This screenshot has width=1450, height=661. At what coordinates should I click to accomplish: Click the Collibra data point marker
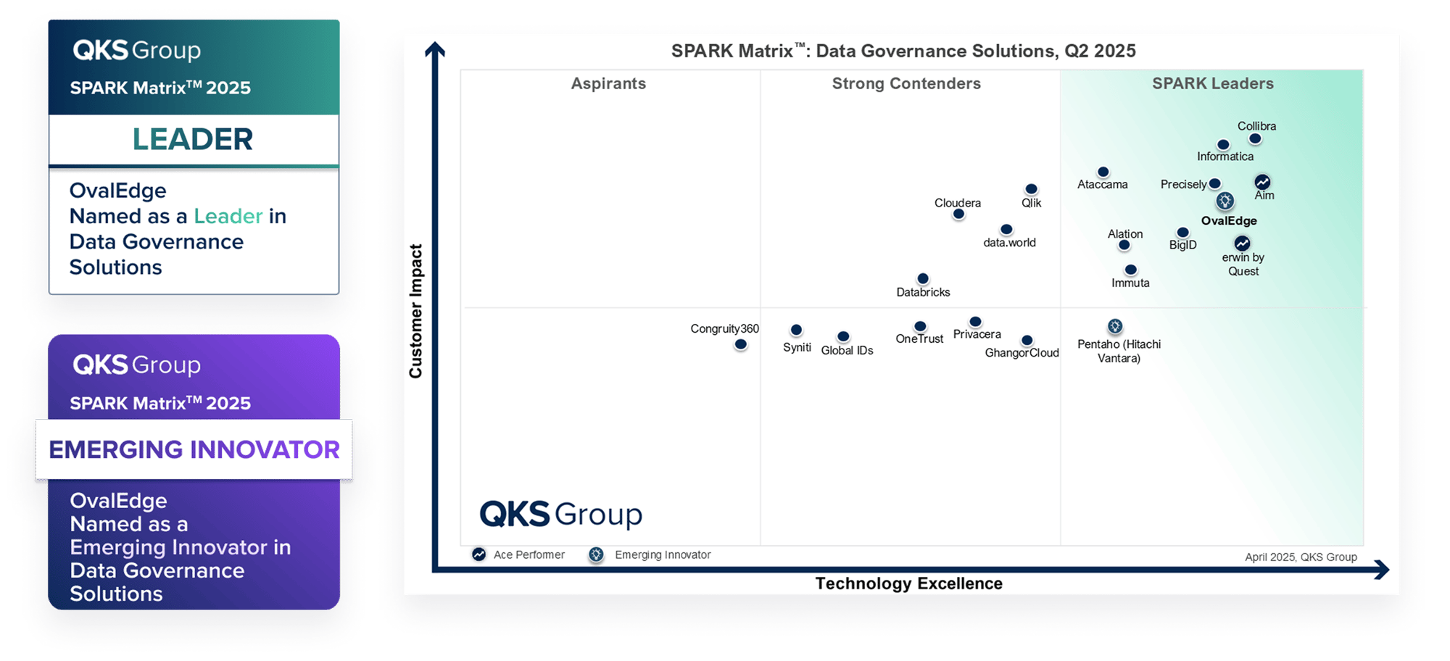(1255, 138)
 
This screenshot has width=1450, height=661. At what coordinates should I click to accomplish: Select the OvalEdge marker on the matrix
(1225, 201)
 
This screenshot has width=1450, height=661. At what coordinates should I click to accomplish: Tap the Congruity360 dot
(740, 344)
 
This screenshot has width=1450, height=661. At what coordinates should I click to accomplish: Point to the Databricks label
(923, 292)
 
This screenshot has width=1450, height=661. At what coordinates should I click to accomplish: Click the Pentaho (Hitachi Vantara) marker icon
(1115, 326)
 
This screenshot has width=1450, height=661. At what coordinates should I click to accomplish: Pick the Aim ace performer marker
(1262, 181)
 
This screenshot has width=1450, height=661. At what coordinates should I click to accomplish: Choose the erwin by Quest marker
(1242, 243)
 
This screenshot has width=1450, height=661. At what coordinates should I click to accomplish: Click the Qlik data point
(1031, 189)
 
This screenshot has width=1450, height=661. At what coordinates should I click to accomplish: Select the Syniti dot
(796, 330)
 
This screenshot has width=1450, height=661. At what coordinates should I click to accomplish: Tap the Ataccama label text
(1102, 185)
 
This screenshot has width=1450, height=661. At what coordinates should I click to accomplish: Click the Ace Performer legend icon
(478, 554)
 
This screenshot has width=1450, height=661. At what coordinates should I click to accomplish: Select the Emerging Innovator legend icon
(596, 554)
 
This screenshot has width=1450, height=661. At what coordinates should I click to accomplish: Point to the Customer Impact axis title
(415, 311)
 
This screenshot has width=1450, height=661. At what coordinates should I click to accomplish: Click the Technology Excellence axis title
(908, 583)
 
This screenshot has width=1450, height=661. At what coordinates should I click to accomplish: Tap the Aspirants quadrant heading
(608, 83)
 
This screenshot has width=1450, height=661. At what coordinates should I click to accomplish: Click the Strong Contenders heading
(906, 83)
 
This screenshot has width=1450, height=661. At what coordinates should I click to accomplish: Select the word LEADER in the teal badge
(193, 139)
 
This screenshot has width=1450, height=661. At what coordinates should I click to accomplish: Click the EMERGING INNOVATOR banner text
(194, 449)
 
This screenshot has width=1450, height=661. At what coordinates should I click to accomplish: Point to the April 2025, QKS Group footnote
(1301, 557)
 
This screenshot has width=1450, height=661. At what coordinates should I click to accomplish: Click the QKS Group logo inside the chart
(560, 515)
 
